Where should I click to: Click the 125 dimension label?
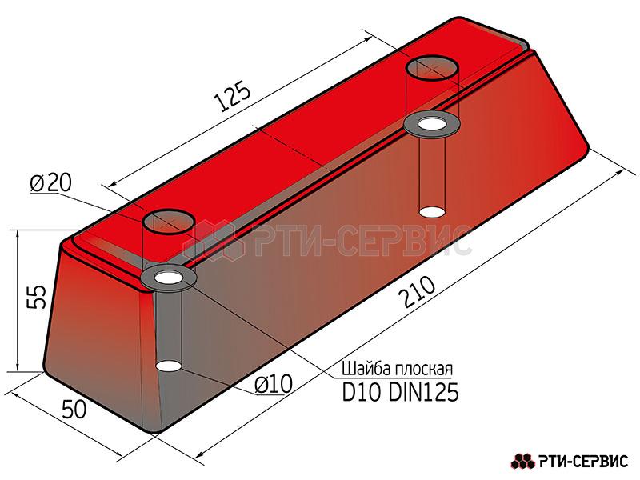click(232, 96)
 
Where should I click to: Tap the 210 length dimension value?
click(418, 292)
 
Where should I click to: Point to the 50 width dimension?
click(74, 409)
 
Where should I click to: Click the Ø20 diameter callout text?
click(50, 183)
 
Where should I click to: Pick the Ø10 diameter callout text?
click(274, 384)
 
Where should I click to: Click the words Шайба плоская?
click(397, 369)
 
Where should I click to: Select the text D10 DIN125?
click(400, 392)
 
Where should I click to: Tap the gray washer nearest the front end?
click(169, 278)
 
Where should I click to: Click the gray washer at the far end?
click(432, 124)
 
